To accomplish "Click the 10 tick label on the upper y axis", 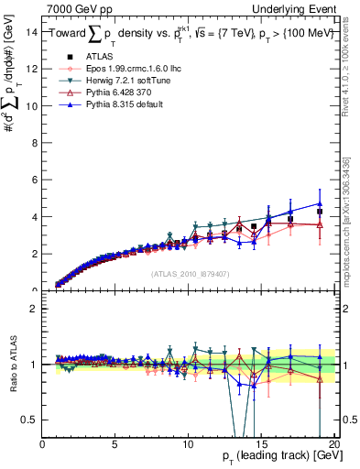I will (32, 106).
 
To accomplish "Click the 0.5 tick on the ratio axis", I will (30, 420).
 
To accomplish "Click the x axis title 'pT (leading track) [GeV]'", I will (281, 459).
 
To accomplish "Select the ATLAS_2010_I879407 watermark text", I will (190, 272).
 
